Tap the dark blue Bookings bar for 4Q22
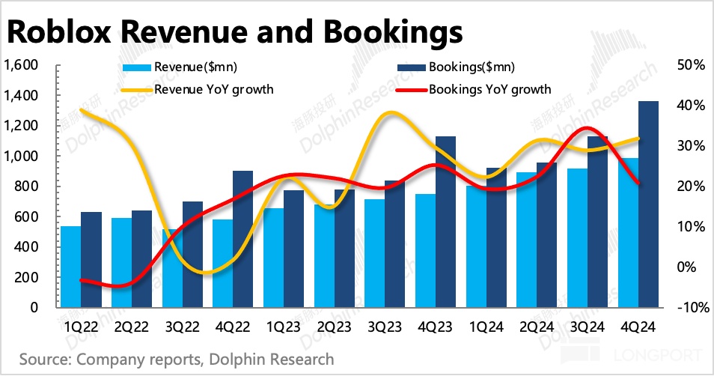click(x=242, y=239)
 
